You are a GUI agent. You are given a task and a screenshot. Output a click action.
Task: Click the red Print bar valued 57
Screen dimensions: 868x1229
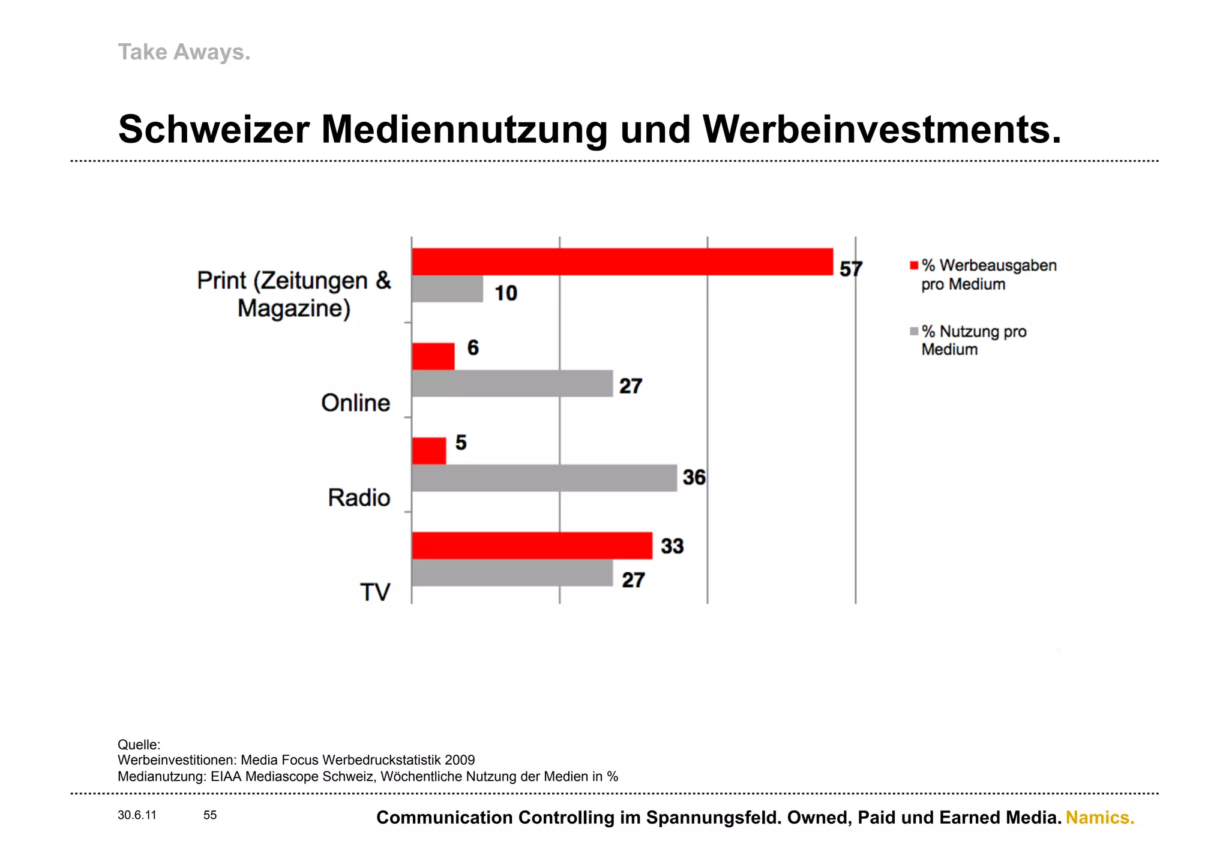click(622, 262)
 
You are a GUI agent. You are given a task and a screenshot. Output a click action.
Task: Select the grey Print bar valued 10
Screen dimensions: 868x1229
click(447, 289)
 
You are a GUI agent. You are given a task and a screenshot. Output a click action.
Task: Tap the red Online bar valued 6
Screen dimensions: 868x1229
click(433, 356)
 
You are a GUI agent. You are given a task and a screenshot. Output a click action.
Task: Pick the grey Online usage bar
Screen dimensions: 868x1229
click(512, 383)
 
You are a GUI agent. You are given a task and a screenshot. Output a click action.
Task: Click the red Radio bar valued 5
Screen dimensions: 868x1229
click(428, 450)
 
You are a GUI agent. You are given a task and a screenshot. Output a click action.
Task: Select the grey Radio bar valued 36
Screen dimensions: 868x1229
click(544, 478)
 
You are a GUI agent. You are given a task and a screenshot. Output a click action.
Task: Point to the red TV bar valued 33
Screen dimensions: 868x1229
click(532, 545)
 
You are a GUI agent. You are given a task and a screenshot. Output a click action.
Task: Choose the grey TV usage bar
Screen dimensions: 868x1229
click(512, 573)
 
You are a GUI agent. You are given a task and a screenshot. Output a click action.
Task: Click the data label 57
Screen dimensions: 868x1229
click(850, 269)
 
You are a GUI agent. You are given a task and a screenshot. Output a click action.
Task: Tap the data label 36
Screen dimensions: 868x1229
click(694, 477)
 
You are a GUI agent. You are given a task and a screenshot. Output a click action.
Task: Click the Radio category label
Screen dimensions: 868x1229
click(359, 498)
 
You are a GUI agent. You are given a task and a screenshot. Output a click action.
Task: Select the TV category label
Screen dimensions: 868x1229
click(375, 592)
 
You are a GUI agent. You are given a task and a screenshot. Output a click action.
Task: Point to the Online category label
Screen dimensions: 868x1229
click(355, 403)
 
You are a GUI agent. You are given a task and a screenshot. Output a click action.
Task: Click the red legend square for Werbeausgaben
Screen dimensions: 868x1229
click(914, 266)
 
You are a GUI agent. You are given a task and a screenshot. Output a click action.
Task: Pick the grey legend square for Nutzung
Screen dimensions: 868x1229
click(914, 331)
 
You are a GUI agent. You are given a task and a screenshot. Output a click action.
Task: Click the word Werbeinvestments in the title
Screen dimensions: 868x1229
click(882, 130)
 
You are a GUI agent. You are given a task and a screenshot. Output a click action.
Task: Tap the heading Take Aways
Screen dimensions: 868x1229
click(184, 52)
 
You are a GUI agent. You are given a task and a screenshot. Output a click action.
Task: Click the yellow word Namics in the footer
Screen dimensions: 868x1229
click(1099, 818)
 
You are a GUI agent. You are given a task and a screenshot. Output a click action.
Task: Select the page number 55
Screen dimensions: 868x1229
click(210, 815)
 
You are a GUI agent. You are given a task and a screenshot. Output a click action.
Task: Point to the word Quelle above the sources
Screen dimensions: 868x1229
click(139, 744)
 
